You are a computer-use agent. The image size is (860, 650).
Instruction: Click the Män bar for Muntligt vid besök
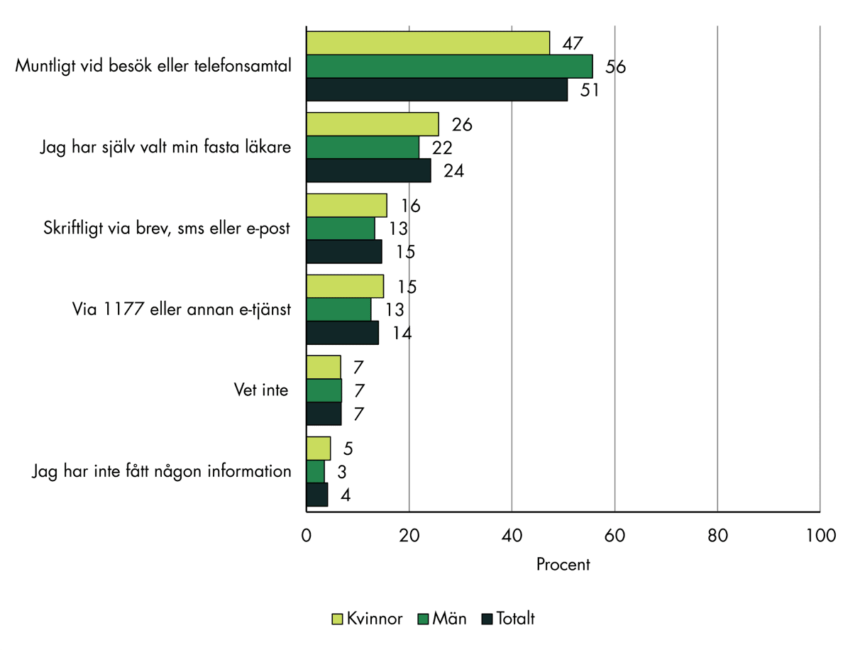pos(449,67)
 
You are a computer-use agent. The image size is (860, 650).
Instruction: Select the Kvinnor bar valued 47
pos(428,43)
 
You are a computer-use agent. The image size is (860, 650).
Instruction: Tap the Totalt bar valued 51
pos(436,90)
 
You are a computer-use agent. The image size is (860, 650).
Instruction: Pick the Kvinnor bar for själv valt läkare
pos(373,124)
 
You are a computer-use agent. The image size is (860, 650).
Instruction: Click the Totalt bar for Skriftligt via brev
pos(344,252)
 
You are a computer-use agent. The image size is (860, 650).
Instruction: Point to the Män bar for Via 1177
pos(338,309)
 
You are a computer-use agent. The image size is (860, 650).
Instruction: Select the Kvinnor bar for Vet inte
pos(324,367)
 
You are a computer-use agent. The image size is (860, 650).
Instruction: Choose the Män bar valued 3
pos(316,471)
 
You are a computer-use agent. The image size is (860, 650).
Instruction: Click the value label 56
pos(615,67)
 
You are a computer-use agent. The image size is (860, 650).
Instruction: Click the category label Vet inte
pos(261,390)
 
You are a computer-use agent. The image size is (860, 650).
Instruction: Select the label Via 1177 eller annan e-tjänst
pos(182,309)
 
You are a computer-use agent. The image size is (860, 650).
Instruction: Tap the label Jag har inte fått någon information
pos(162,471)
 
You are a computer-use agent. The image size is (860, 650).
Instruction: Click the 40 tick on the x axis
pos(512,536)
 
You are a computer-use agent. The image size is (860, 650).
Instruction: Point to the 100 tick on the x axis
pos(820,536)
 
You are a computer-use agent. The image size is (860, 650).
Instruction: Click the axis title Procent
pos(563,565)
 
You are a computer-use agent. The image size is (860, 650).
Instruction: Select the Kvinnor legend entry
pos(368,619)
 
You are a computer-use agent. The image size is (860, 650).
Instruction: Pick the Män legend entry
pos(442,619)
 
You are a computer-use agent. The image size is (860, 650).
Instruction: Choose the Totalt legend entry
pos(508,619)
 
